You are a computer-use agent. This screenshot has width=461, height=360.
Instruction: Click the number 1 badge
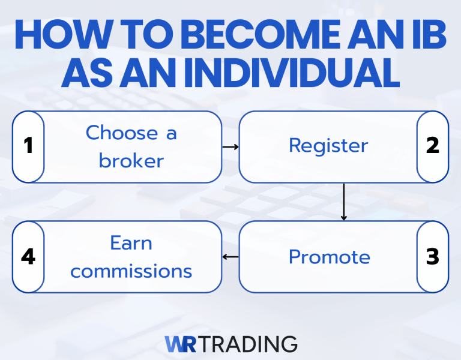coord(28,146)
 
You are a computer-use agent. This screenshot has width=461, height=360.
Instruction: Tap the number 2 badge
coord(433,146)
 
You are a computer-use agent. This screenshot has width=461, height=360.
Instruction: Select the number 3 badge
coord(433,257)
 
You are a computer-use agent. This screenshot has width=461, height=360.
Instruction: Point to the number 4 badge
coord(28,257)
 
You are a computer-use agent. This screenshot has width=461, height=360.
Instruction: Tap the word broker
coord(131,161)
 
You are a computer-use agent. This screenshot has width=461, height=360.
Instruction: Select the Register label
coord(328,146)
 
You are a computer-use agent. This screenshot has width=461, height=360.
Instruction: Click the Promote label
coord(329,257)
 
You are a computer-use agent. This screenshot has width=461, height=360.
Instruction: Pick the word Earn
coord(131,243)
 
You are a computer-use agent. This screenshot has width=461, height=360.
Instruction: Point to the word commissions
coord(131,271)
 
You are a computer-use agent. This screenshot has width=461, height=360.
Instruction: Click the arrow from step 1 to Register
coord(230,146)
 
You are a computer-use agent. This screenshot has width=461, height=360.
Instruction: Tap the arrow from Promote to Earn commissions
coord(230,257)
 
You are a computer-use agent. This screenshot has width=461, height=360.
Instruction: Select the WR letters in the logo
coord(178,344)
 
